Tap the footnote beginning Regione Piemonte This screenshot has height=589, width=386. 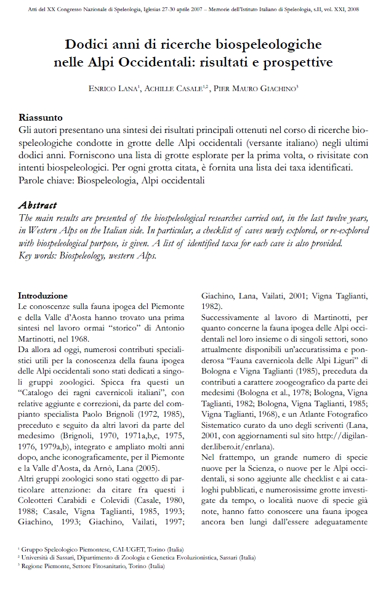92,566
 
